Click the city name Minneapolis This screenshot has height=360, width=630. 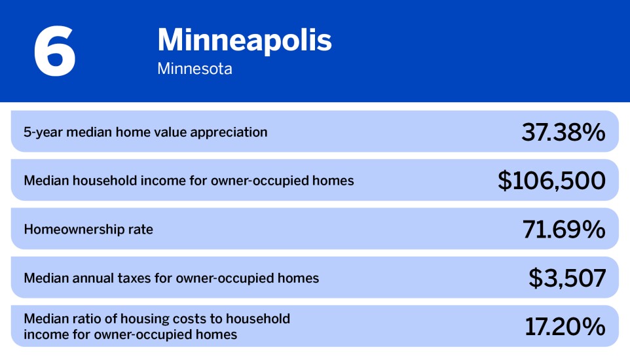point(244,41)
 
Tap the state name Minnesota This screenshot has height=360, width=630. point(195,69)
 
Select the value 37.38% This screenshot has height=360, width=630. point(563,132)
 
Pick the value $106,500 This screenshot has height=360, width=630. point(551,181)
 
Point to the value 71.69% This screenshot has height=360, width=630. point(564,229)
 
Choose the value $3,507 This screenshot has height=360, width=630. point(567,278)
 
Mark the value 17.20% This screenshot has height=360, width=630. point(565,327)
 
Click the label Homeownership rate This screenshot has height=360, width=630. point(88,230)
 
